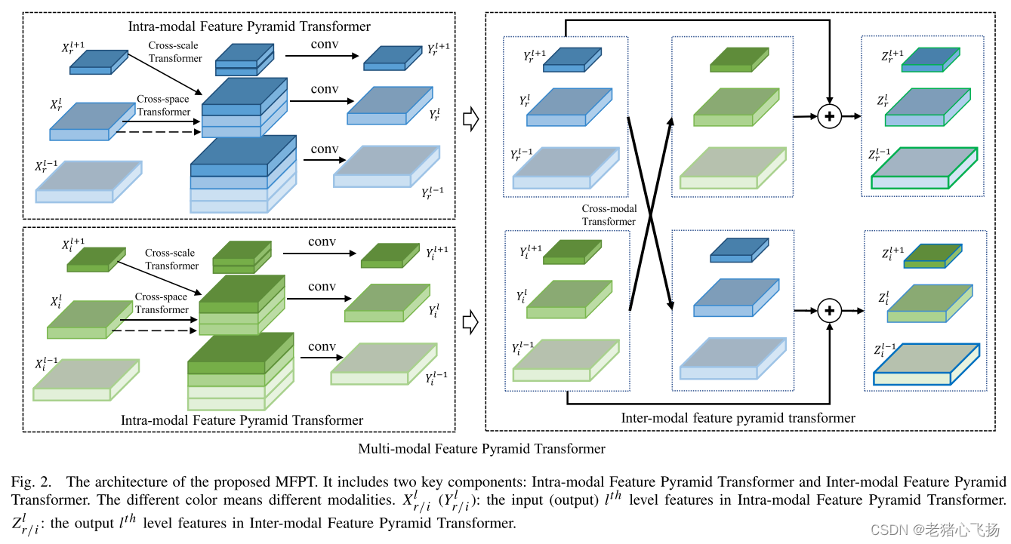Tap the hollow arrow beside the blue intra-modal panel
(470, 119)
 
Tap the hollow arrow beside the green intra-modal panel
(470, 322)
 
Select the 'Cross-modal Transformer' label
(609, 215)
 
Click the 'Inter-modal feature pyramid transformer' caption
(738, 417)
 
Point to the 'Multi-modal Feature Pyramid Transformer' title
(482, 449)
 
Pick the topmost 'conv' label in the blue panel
(325, 45)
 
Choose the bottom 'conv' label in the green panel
(322, 346)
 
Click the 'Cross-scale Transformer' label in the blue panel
(175, 51)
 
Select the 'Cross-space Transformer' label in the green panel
(162, 303)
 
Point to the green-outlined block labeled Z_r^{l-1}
(923, 169)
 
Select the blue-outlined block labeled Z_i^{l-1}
(925, 365)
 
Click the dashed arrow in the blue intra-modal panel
(155, 133)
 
